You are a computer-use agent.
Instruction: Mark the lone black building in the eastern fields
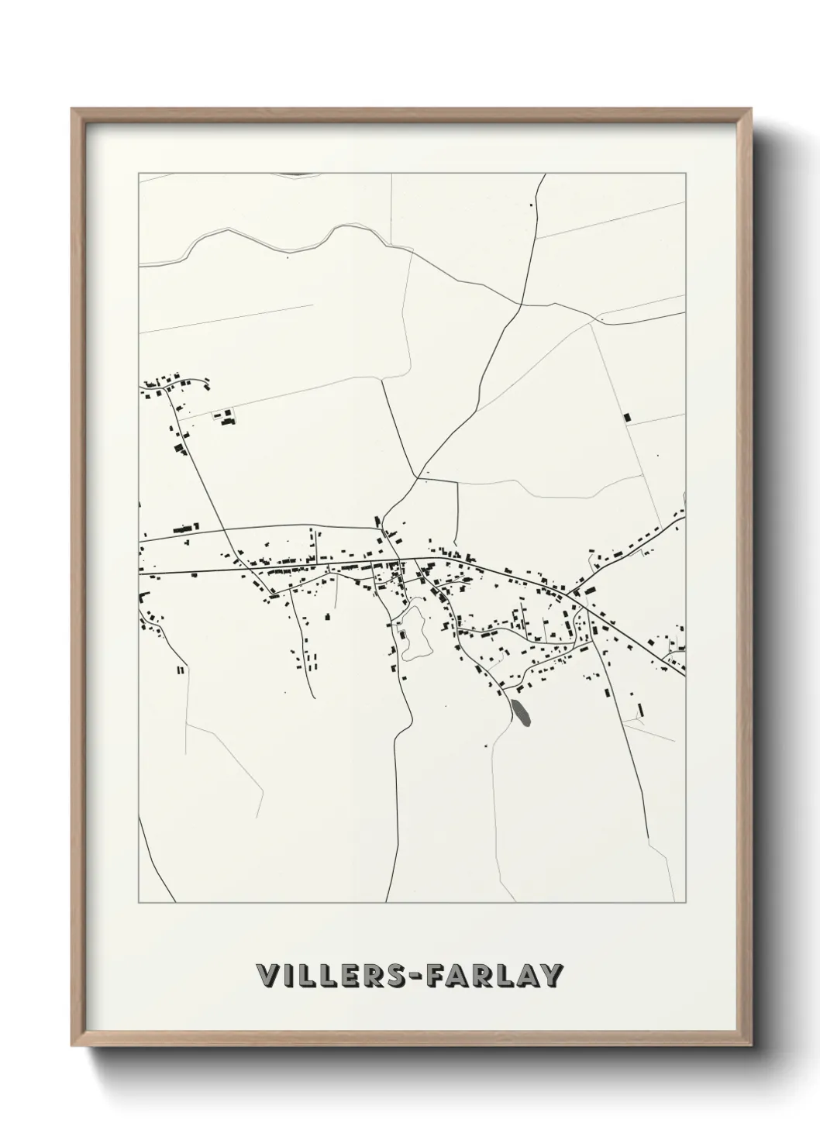[x=627, y=416]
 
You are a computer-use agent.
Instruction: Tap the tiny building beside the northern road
[x=531, y=204]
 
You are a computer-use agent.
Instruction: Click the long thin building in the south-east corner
[x=640, y=708]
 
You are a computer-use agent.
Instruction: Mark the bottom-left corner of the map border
[x=139, y=902]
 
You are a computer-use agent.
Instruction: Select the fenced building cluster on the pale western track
[x=226, y=418]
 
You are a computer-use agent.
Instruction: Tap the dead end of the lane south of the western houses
[x=312, y=697]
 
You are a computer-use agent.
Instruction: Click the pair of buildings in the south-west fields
[x=181, y=670]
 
